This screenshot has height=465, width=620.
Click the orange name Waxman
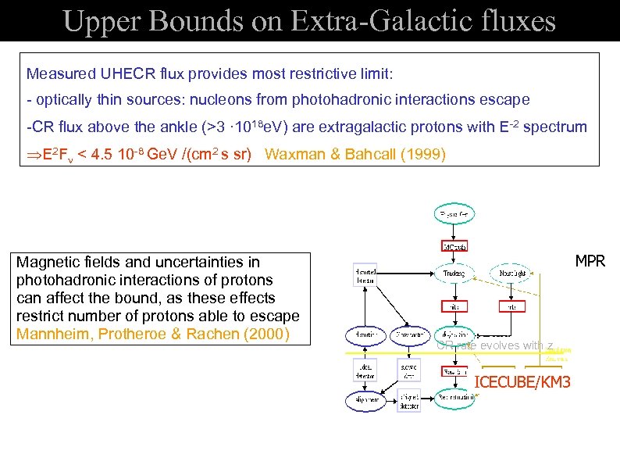[x=294, y=154]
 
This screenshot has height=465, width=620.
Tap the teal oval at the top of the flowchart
[x=454, y=213]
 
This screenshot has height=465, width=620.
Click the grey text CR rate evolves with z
[x=495, y=345]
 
